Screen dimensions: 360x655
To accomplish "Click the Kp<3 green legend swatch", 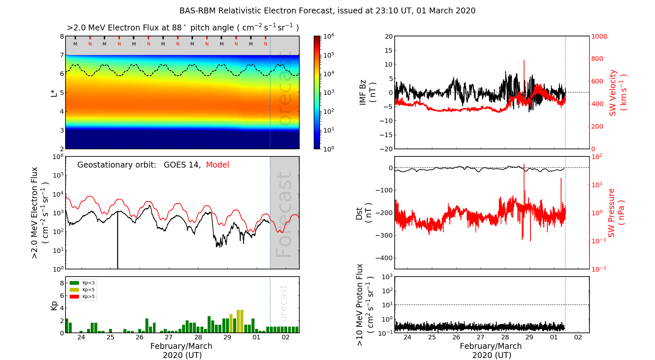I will click(74, 283).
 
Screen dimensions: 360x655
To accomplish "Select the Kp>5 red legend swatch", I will click(74, 297).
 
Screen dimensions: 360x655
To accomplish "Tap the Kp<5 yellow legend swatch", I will click(74, 290).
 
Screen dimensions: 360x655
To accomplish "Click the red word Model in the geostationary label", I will click(217, 165).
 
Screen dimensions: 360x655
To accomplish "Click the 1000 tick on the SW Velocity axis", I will click(599, 36).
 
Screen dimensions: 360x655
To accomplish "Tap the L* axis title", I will click(54, 93).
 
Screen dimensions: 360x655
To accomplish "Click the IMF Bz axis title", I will click(367, 92).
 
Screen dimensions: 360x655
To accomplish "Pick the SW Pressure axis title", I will click(616, 213).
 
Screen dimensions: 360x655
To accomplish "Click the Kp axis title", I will click(54, 305).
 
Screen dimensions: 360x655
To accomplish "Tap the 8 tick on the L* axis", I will click(62, 36).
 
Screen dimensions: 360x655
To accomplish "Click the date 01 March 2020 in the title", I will click(446, 11).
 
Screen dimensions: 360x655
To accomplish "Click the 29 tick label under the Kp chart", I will click(227, 337).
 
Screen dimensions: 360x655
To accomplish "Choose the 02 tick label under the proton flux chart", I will click(578, 337).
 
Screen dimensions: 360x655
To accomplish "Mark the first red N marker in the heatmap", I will click(90, 44).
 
